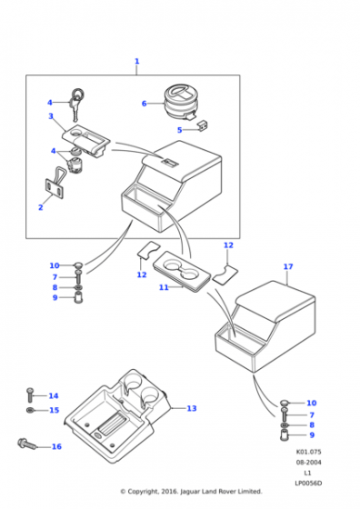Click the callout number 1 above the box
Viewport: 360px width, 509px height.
136,61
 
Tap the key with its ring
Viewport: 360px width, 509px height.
76,104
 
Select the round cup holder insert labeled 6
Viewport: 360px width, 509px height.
181,102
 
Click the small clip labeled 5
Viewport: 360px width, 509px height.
203,125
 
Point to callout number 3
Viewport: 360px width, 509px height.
51,116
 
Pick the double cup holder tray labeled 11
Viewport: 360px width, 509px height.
183,271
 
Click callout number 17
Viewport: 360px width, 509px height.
288,266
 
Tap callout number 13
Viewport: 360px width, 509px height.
192,408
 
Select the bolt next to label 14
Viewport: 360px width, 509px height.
30,394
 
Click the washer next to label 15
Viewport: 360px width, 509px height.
30,410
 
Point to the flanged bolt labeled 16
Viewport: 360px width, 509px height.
27,444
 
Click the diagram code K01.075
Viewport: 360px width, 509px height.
308,452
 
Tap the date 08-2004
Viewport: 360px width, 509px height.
308,463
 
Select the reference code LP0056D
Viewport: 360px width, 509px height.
308,484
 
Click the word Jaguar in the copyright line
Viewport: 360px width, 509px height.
190,492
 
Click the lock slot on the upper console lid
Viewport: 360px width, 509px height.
169,162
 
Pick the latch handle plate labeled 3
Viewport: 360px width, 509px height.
86,140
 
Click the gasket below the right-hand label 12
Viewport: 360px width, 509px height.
225,274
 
